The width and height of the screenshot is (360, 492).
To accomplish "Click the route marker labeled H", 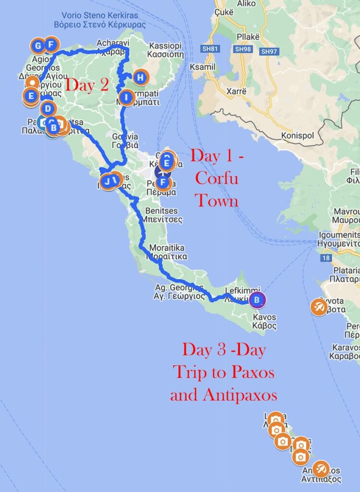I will (x=140, y=77).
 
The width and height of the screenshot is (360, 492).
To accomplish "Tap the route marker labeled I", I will (x=127, y=98).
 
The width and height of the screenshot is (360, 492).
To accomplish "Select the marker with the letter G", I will (x=37, y=46).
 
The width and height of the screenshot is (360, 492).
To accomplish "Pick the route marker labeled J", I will (x=107, y=181).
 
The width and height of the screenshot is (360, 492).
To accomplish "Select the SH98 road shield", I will (x=241, y=49).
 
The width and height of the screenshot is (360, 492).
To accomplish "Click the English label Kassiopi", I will (x=166, y=46).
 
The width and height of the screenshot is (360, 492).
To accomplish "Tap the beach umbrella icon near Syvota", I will (x=319, y=307).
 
